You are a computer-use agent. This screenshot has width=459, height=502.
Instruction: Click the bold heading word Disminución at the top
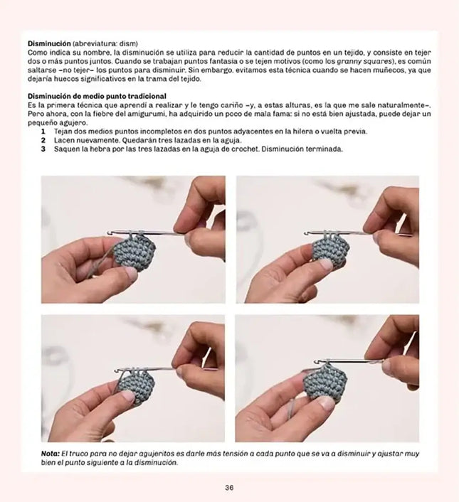pos(49,43)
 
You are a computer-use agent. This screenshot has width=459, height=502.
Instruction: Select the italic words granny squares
pos(364,61)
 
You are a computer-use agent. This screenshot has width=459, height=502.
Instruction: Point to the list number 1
pos(43,132)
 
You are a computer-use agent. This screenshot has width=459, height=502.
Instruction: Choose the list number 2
pos(43,140)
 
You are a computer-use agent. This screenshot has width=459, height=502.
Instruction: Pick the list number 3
pos(43,149)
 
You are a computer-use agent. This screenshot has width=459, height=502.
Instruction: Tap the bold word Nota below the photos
pos(51,454)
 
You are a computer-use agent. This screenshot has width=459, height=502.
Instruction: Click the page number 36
pos(229,488)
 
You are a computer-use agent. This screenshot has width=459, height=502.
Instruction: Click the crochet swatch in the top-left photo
pos(134,252)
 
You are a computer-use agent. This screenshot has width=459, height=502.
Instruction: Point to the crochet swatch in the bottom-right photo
pos(325,383)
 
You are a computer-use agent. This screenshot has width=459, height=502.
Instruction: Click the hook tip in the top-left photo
pos(109,231)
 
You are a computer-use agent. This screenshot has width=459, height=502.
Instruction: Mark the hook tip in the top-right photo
pos(306,233)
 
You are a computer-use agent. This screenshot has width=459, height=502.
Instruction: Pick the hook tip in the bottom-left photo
pos(117,370)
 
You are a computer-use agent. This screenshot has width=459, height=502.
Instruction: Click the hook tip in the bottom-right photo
pos(317,362)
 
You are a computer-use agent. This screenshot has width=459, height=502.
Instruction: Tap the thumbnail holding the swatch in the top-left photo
pos(131,272)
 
